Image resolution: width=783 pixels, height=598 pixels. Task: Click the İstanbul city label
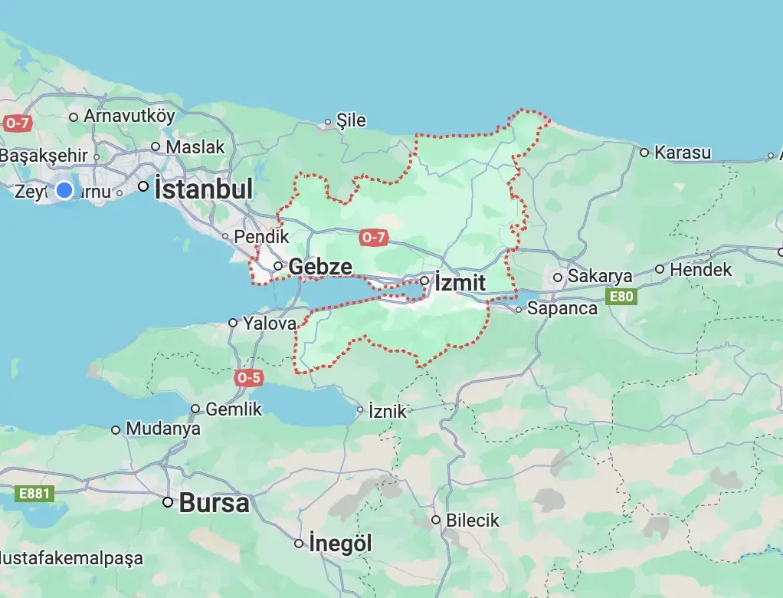[204, 189]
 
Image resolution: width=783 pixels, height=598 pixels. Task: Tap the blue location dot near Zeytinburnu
[65, 189]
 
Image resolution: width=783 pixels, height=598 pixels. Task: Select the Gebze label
[321, 267]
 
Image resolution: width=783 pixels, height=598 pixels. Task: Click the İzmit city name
[460, 283]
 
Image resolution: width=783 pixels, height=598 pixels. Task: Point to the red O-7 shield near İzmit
[372, 238]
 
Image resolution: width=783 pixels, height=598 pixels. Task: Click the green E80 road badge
[621, 296]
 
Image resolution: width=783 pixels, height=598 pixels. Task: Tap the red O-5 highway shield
[249, 377]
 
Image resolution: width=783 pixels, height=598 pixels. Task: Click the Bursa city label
[215, 504]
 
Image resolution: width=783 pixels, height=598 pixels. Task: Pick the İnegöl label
[341, 544]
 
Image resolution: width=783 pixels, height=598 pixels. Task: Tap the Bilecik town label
[473, 521]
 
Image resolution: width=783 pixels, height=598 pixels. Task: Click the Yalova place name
[270, 324]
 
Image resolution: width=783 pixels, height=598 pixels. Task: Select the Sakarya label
[600, 277]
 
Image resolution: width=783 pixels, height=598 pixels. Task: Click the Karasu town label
[683, 153]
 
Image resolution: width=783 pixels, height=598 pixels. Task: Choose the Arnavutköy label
[129, 117]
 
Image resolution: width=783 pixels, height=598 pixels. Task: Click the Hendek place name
[701, 270]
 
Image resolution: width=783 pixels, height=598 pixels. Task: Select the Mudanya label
[163, 429]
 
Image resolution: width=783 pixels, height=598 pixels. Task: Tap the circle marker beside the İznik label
[360, 410]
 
